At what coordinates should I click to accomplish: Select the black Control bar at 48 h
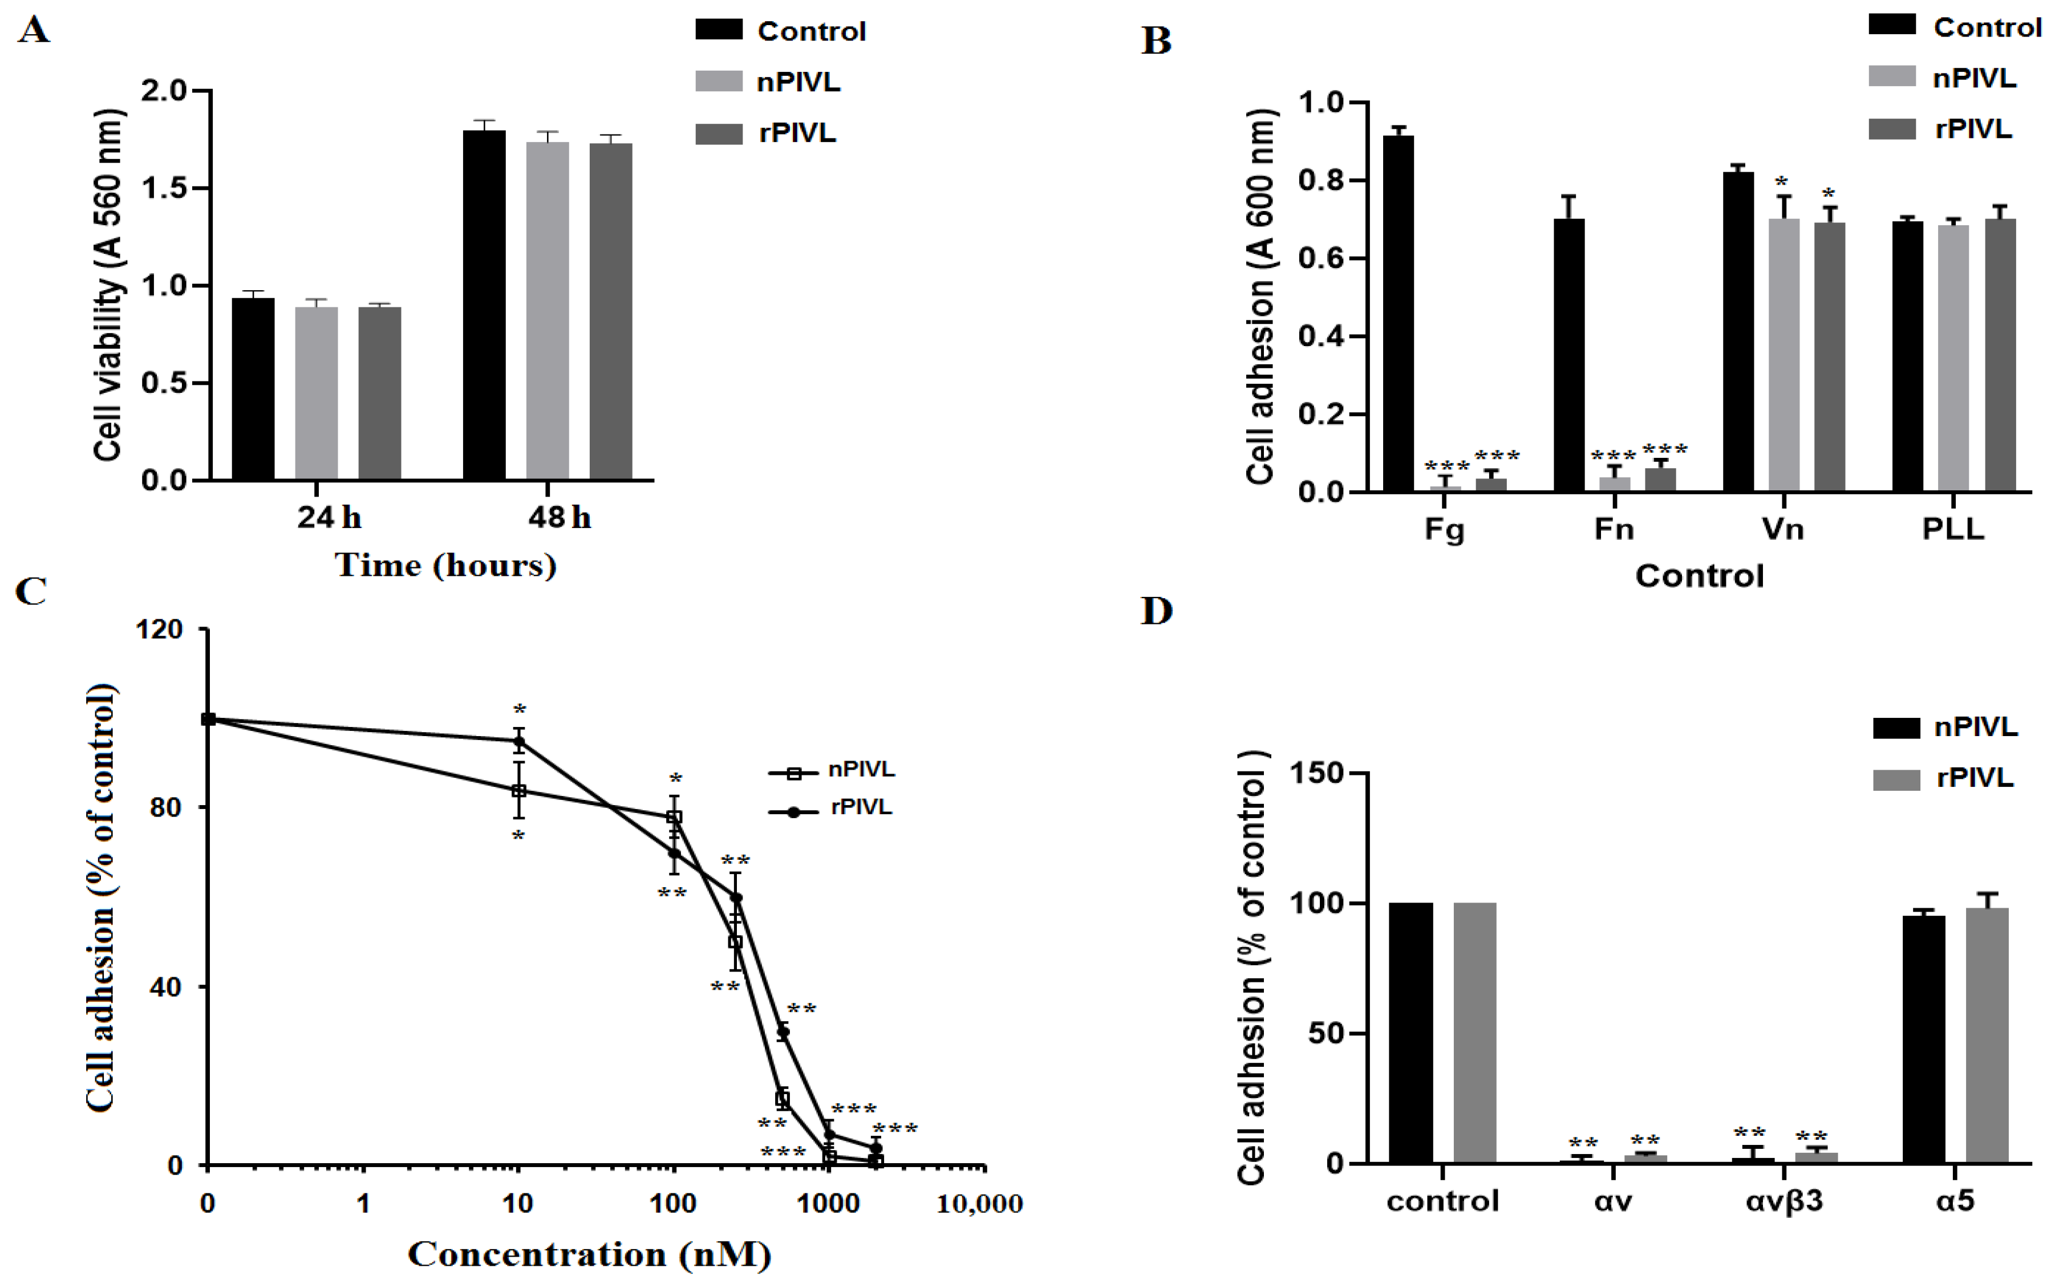pos(484,306)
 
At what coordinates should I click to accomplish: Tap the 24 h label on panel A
pos(329,517)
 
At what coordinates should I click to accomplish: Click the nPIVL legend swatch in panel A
pos(719,82)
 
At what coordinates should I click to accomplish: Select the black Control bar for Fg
pos(1399,314)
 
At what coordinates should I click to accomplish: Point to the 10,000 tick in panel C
pos(979,1204)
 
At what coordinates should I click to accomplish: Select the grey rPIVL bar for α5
pos(1987,1035)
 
